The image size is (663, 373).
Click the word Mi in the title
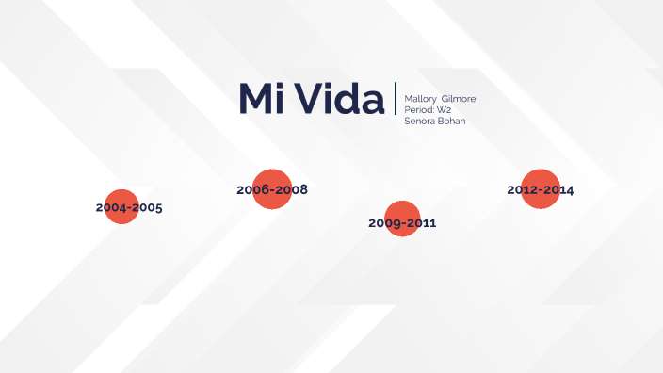261,100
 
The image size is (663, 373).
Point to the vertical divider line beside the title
396,100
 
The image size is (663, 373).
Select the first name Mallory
419,99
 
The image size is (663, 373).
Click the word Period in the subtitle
417,110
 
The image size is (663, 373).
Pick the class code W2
444,110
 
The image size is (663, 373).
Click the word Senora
420,122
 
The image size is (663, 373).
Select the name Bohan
452,122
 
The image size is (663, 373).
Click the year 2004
111,207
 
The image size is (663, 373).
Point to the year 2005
146,207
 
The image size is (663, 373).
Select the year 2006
253,190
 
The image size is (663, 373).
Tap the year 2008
290,190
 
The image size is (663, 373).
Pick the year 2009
384,223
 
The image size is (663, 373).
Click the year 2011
420,223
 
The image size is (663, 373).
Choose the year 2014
558,190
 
